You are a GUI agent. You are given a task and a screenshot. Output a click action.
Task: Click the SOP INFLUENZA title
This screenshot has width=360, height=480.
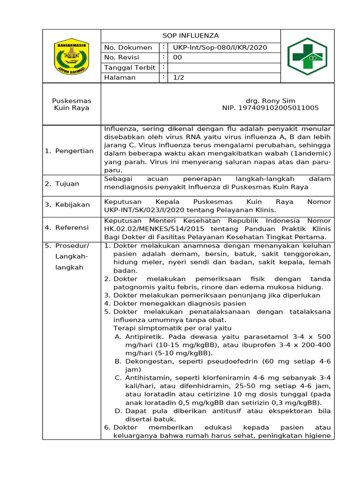coord(190,36)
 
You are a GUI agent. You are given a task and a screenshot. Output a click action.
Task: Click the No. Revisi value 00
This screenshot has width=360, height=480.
coord(178,58)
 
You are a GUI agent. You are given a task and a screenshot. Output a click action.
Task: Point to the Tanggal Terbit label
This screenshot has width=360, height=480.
coord(129,67)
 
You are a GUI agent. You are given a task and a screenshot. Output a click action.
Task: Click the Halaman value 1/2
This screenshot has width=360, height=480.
coord(179,77)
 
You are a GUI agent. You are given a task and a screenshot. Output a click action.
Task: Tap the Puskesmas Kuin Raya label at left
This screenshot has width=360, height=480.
coord(72,104)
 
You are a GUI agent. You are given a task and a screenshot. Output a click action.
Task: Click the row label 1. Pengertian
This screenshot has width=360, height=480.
coord(69,151)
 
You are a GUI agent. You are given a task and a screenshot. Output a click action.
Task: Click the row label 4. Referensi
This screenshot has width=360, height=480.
coord(67,227)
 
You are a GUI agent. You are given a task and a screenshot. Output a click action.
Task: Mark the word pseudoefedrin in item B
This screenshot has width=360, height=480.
coord(213,361)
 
